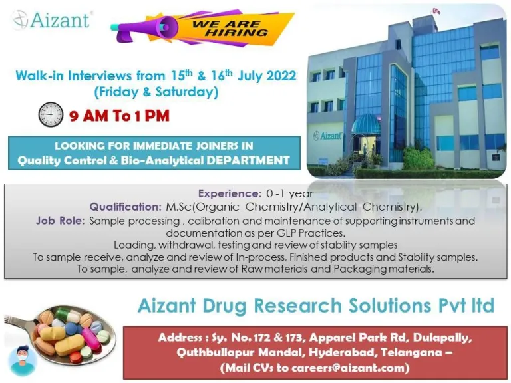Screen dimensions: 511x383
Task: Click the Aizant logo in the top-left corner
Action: click(x=51, y=20)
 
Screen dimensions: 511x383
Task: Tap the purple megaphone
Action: click(x=144, y=29)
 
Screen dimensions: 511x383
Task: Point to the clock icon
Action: click(x=51, y=114)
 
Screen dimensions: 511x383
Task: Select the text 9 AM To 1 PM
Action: click(x=119, y=116)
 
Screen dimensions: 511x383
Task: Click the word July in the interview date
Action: click(x=250, y=76)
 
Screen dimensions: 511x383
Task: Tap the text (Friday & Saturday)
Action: click(x=156, y=92)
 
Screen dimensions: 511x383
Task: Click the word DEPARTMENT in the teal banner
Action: click(x=248, y=160)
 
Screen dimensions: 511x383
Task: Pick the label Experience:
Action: click(x=230, y=193)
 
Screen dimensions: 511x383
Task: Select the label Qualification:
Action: click(x=126, y=207)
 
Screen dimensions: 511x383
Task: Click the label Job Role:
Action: click(x=61, y=221)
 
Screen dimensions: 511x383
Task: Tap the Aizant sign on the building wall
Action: click(x=328, y=136)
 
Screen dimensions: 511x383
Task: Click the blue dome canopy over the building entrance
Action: click(x=366, y=124)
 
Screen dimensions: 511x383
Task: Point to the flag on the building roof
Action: click(x=436, y=12)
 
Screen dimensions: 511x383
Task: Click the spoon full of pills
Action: click(x=61, y=334)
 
